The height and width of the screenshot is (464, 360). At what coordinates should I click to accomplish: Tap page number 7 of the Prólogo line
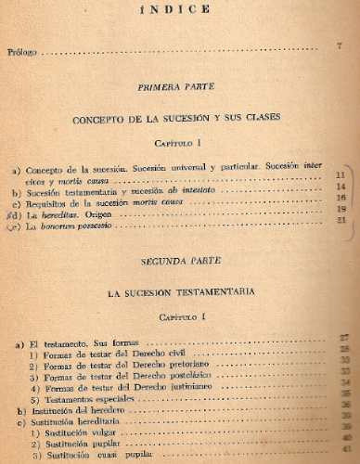point(341,46)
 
